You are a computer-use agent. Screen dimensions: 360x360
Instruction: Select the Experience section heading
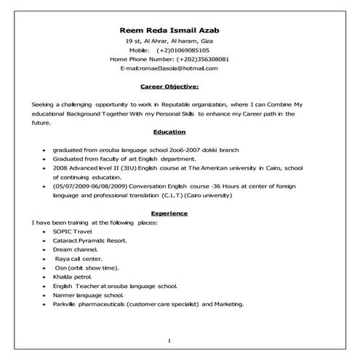[169, 213]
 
